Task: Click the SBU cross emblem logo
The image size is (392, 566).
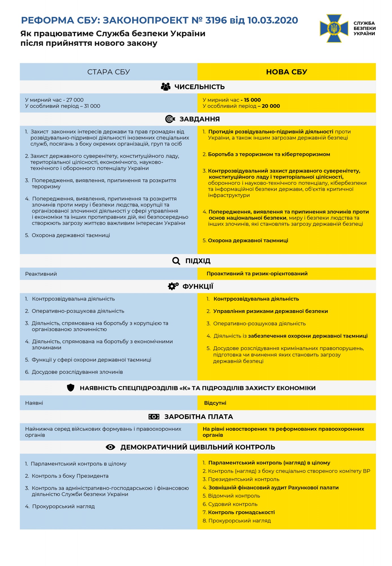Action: point(334,28)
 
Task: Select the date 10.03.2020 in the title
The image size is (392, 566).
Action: point(272,20)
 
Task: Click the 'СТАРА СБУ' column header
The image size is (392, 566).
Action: point(108,72)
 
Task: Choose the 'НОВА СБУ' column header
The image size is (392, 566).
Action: point(286,72)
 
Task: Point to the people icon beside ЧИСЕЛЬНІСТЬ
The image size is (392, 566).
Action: point(166,87)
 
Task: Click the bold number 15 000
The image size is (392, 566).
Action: point(252,100)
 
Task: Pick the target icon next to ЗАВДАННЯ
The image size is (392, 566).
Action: point(170,119)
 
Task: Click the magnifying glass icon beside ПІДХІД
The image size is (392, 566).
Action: point(176,261)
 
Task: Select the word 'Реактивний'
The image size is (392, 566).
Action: point(41,274)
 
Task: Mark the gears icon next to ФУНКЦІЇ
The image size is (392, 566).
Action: point(173,286)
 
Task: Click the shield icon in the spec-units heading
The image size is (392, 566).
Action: point(71,388)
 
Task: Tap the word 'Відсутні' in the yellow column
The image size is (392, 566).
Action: point(215,403)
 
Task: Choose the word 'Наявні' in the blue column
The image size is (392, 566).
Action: point(34,403)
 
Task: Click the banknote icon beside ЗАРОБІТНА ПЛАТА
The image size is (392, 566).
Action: point(154,417)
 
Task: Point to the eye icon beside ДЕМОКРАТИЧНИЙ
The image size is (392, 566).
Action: point(110,447)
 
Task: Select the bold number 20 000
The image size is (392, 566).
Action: point(271,106)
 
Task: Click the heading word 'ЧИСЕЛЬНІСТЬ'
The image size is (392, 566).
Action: point(199,87)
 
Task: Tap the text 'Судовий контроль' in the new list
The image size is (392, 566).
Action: point(233,504)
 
